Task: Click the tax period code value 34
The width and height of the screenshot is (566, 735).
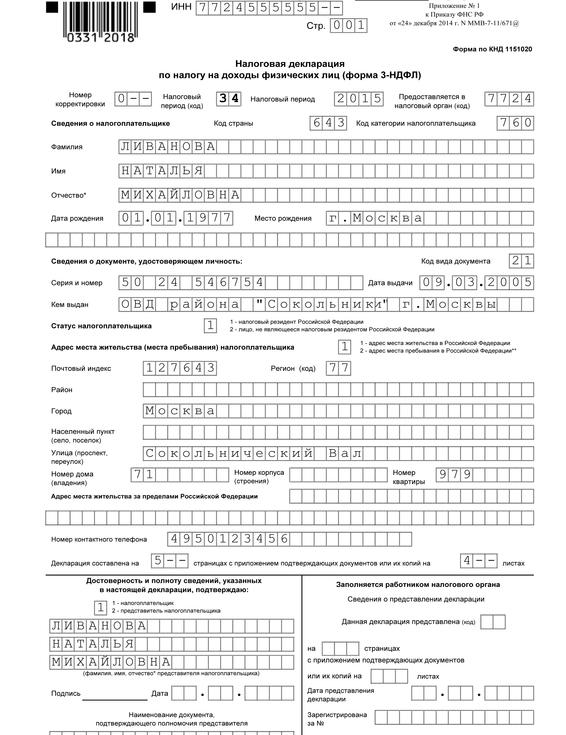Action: coord(229,98)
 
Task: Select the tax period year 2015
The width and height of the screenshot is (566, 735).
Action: coord(359,98)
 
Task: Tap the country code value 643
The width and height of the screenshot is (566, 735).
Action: coord(328,123)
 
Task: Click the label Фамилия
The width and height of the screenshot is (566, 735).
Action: coord(67,147)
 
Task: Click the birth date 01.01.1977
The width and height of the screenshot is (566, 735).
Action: coord(176,218)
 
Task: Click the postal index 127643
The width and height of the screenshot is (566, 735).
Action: coord(180,368)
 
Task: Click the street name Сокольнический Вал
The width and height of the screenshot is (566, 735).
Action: coord(253,453)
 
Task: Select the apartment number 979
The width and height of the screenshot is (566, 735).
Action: coord(454,474)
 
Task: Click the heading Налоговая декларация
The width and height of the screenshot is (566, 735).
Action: coord(290,64)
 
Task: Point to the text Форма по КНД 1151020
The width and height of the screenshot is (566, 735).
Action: coord(492,49)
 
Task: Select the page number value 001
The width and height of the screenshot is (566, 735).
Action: coord(349,26)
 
